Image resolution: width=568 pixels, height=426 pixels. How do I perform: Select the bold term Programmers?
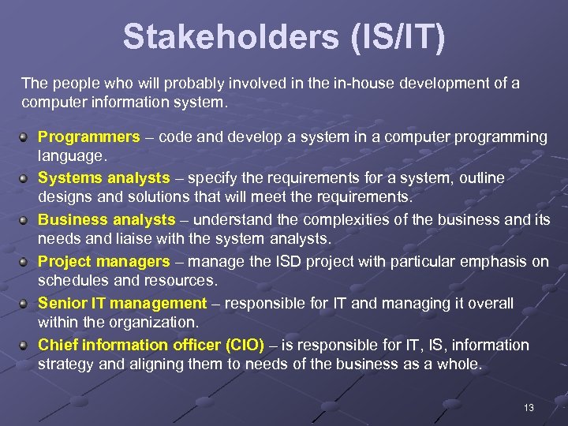88,136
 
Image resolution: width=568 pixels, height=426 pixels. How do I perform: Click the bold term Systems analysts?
103,178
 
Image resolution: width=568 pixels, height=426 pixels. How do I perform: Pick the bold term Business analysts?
106,220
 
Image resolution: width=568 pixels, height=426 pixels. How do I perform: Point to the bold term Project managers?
103,262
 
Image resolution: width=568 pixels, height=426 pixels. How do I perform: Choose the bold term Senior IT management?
121,304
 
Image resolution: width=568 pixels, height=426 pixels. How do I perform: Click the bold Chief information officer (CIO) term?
151,345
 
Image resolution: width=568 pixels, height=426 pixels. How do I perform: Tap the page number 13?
529,407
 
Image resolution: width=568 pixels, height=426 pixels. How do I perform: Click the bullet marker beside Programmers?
26,137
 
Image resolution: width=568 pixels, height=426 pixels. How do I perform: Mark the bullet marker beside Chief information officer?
26,346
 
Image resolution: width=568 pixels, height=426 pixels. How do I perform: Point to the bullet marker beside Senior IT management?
26,304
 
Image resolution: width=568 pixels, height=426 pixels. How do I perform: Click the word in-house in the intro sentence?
356,83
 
